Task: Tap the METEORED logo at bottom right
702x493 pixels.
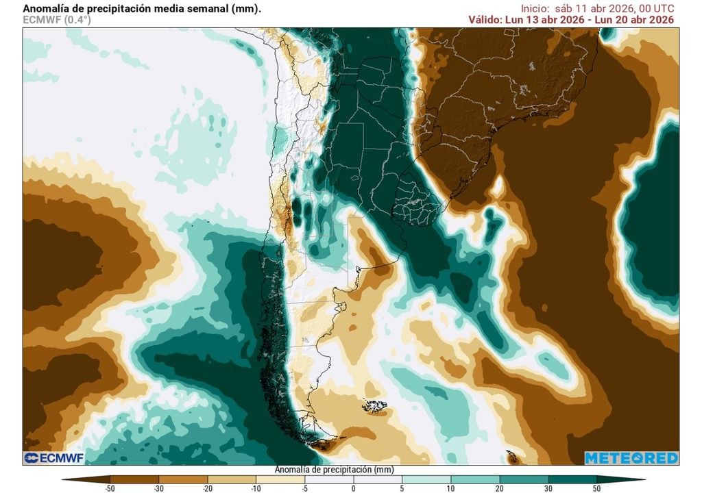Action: [x=631, y=458]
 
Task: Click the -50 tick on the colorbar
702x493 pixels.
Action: [x=110, y=488]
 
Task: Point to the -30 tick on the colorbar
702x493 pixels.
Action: [x=158, y=488]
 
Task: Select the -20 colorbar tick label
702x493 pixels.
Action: [x=207, y=488]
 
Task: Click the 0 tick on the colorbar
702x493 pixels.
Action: [x=353, y=488]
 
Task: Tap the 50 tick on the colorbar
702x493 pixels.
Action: [x=596, y=488]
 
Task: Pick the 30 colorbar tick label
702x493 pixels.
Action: [x=548, y=488]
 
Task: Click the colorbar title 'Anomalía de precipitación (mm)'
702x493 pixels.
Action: [x=334, y=470]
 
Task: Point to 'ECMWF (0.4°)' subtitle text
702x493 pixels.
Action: [x=56, y=20]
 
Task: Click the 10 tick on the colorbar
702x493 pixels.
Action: [x=450, y=488]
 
